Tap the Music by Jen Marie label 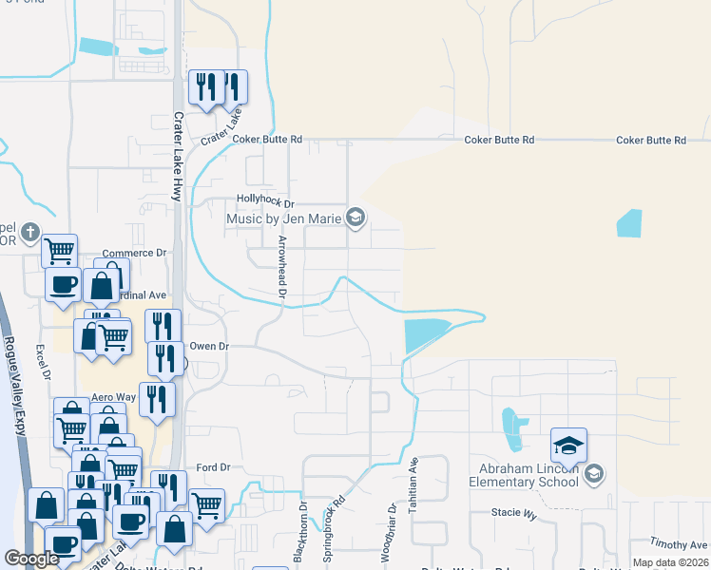[x=283, y=219]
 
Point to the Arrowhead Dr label [x=281, y=269]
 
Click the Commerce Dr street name [x=134, y=253]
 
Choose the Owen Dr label [x=209, y=347]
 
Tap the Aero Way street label [x=113, y=397]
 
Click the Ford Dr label [x=213, y=467]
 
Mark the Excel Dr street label [x=44, y=361]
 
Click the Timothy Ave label [x=679, y=544]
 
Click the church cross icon [x=29, y=232]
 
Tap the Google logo [x=31, y=559]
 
